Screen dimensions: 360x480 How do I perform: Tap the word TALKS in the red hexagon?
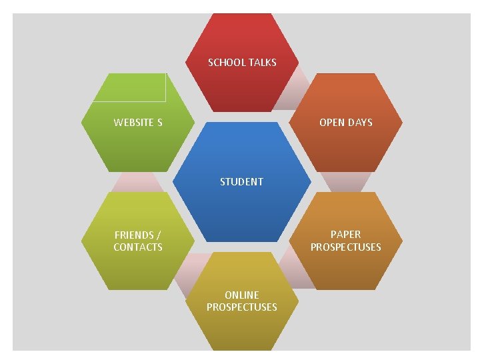pyautogui.click(x=262, y=63)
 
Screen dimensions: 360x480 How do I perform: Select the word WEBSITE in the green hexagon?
pyautogui.click(x=133, y=123)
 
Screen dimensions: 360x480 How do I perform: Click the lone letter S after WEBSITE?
pyautogui.click(x=159, y=123)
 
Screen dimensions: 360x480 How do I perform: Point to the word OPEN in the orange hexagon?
pyautogui.click(x=331, y=123)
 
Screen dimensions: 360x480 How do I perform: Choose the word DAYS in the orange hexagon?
pyautogui.click(x=360, y=123)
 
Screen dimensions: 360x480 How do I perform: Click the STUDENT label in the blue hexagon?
pyautogui.click(x=241, y=181)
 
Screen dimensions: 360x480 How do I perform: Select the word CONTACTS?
pyautogui.click(x=138, y=247)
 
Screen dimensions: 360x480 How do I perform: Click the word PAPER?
pyautogui.click(x=345, y=235)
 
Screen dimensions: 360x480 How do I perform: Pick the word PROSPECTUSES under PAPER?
pyautogui.click(x=345, y=247)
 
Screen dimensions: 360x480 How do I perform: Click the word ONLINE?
pyautogui.click(x=241, y=295)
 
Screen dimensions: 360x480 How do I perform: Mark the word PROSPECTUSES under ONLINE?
pyautogui.click(x=241, y=307)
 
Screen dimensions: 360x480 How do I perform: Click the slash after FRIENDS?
pyautogui.click(x=158, y=235)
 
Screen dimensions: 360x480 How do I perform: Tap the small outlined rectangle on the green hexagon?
pyautogui.click(x=129, y=88)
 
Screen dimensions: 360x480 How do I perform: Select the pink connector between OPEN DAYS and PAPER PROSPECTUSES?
pyautogui.click(x=346, y=181)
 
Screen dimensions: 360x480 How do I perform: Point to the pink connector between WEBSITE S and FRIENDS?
pyautogui.click(x=137, y=181)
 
